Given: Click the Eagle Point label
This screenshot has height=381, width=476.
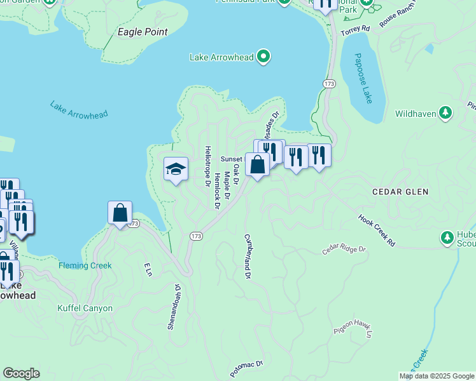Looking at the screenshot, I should tap(143, 31).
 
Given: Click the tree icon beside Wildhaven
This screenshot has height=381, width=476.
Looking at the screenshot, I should tap(446, 114).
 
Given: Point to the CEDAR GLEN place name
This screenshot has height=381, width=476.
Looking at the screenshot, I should tap(400, 191).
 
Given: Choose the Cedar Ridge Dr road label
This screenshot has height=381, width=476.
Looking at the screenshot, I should tap(344, 249).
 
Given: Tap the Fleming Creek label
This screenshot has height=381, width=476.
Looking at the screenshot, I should tap(85, 265).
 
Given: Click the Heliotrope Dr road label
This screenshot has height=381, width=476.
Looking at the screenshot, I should tap(207, 166).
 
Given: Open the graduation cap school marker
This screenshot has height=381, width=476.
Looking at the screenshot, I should tap(176, 169).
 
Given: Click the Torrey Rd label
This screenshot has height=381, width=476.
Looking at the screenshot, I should tap(355, 30).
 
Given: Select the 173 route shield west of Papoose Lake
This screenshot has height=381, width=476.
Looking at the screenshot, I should tap(329, 84).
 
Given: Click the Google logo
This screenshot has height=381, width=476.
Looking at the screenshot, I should tap(21, 373).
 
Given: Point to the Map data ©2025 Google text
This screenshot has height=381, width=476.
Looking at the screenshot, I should tap(436, 376).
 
